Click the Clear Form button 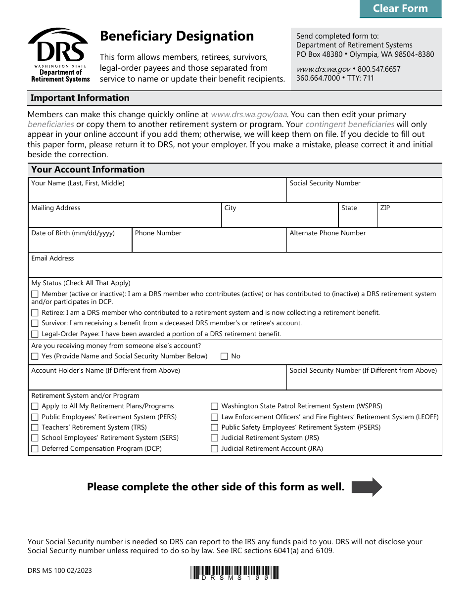click(400, 8)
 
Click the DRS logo click(59, 55)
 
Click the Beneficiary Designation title click(177, 36)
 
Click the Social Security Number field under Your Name click(364, 194)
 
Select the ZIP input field click(409, 218)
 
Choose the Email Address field click(235, 268)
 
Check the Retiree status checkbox click(35, 313)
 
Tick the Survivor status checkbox click(35, 323)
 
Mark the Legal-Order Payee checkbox click(35, 334)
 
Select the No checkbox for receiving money click(224, 356)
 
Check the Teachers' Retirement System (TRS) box click(35, 428)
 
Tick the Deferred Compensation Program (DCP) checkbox click(35, 449)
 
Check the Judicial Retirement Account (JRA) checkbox click(214, 449)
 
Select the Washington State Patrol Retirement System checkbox click(214, 406)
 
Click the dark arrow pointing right click(367, 487)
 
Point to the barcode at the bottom click(235, 573)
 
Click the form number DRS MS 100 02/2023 click(60, 571)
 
